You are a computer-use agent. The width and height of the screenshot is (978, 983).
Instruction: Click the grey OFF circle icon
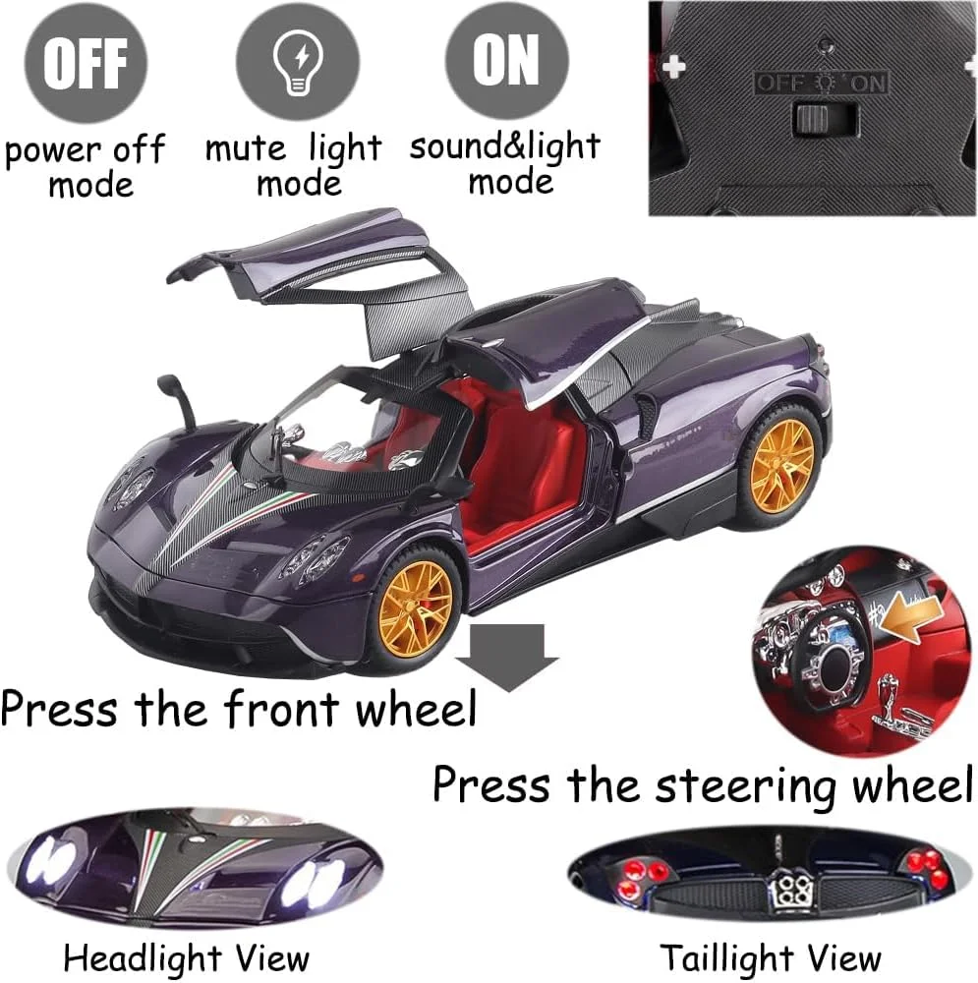point(86,62)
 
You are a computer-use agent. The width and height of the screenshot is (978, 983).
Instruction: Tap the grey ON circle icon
point(506,59)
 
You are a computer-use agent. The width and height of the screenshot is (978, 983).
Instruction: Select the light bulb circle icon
point(298,60)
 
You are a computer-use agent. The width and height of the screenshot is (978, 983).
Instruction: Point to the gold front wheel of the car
point(416,608)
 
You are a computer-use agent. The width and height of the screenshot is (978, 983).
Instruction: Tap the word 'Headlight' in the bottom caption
point(141,957)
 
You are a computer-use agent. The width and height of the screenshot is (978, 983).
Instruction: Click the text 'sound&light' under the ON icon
point(505,148)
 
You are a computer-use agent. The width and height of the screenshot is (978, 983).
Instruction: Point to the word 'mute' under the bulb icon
point(245,149)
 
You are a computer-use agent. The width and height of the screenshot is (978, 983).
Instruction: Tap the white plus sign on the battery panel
point(674,66)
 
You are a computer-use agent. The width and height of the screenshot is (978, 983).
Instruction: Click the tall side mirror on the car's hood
point(178,401)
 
